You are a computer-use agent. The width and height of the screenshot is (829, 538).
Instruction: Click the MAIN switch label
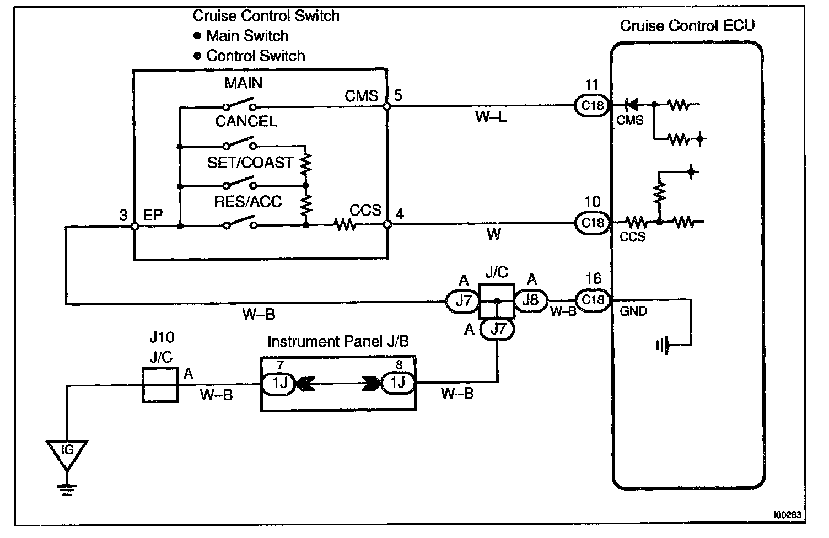point(243,83)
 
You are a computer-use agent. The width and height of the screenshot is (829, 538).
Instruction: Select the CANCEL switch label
point(246,121)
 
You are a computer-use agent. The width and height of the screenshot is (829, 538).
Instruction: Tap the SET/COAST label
point(250,162)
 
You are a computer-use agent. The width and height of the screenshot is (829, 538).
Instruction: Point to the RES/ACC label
point(247,201)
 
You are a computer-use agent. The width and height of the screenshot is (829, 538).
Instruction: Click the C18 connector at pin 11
point(592,105)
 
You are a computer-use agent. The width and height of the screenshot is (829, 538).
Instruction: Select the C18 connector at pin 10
point(592,223)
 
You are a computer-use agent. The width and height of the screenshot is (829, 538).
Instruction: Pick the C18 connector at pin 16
point(592,299)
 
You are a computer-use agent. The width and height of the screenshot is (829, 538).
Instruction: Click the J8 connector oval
point(530,300)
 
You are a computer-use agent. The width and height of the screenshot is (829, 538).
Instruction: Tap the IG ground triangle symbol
point(67,451)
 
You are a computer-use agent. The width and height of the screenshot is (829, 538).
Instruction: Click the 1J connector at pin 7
point(279,383)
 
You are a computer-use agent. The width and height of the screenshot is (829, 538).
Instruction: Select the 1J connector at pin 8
point(398,383)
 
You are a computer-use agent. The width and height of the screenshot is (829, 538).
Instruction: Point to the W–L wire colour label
point(491,117)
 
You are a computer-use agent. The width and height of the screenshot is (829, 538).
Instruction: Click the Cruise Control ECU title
point(687,26)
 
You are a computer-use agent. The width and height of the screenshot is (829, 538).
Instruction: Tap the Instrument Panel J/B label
point(338,342)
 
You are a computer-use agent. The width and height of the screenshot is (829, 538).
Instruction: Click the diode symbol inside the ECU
point(631,104)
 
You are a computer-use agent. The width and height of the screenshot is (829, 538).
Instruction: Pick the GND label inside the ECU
point(633,311)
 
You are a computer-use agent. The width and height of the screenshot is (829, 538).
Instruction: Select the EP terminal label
point(153,215)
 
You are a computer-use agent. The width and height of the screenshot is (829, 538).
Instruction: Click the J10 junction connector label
point(161,337)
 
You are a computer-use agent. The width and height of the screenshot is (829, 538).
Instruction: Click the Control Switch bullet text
point(255,56)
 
